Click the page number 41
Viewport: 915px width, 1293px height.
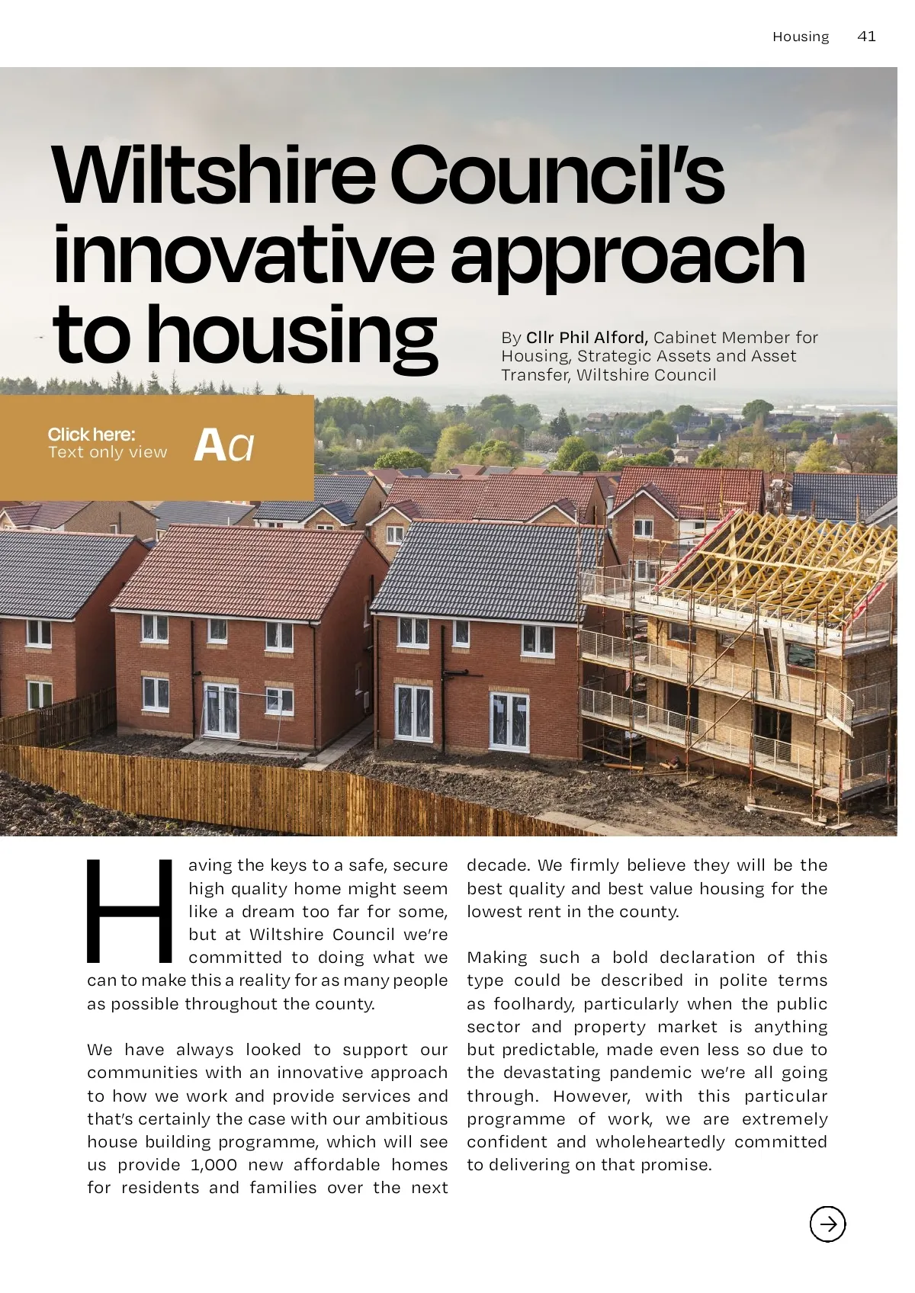point(866,37)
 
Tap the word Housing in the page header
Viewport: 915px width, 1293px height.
point(800,37)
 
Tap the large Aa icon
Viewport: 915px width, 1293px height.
point(223,445)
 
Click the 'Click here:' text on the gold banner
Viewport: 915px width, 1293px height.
point(91,435)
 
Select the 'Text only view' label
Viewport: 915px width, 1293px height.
point(108,453)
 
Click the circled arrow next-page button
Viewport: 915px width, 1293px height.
point(827,1224)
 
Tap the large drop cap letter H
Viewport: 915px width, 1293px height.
point(130,911)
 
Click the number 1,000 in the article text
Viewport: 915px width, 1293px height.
point(213,1165)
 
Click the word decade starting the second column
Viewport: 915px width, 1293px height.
point(498,865)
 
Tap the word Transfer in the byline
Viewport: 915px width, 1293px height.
point(535,375)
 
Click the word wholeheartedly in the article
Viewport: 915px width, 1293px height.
point(660,1142)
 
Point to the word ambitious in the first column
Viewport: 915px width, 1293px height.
point(406,1119)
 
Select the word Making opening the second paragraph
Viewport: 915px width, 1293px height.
point(496,958)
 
